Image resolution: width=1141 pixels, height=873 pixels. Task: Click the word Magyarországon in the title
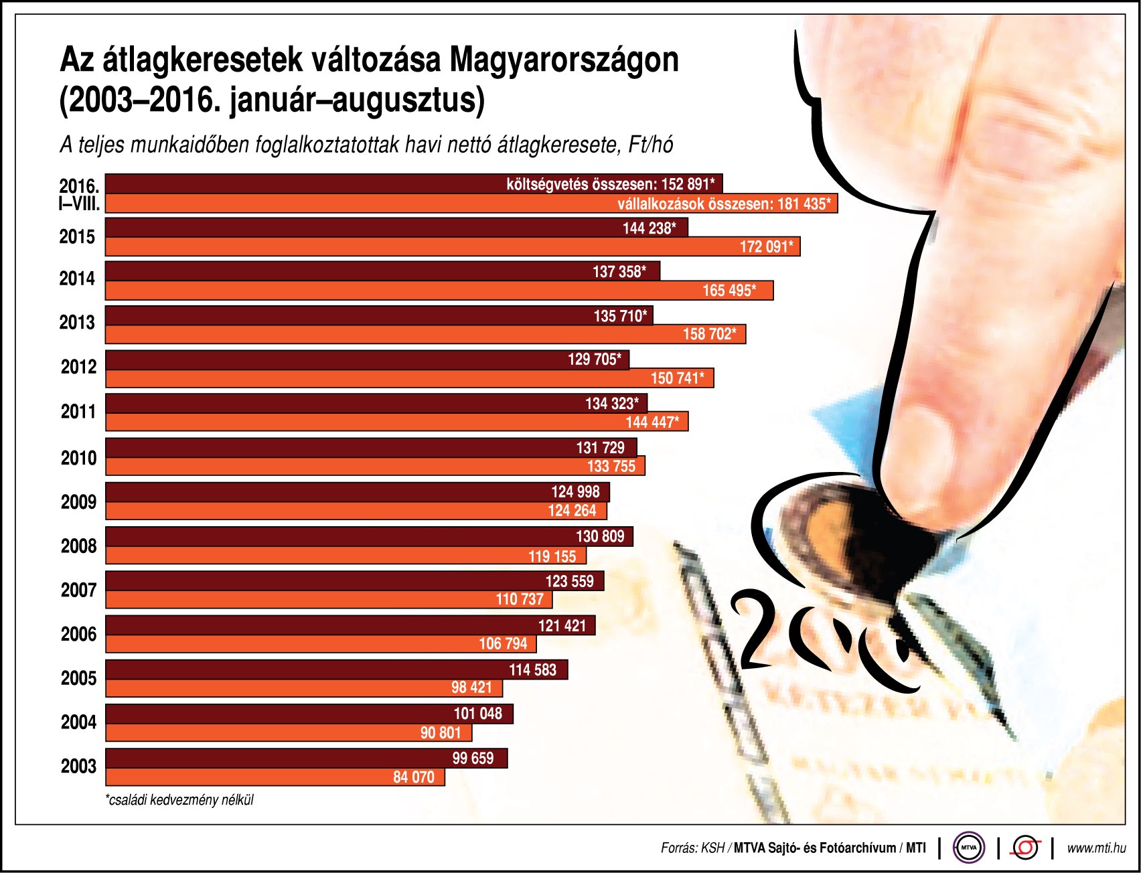564,60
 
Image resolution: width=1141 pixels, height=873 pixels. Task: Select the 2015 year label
77,237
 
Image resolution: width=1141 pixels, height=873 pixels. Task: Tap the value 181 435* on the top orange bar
804,204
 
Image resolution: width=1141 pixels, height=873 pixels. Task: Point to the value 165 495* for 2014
729,291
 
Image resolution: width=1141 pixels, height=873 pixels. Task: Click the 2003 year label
78,767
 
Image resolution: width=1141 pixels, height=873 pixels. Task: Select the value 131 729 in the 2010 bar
600,448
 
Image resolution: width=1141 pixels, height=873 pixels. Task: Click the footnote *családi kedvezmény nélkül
179,800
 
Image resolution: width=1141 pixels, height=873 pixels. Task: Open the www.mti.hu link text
1096,848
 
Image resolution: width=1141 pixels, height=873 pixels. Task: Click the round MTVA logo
969,848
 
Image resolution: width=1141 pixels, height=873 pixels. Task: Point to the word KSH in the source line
712,848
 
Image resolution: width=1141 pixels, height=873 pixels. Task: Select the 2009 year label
78,502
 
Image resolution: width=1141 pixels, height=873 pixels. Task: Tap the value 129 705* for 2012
594,360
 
